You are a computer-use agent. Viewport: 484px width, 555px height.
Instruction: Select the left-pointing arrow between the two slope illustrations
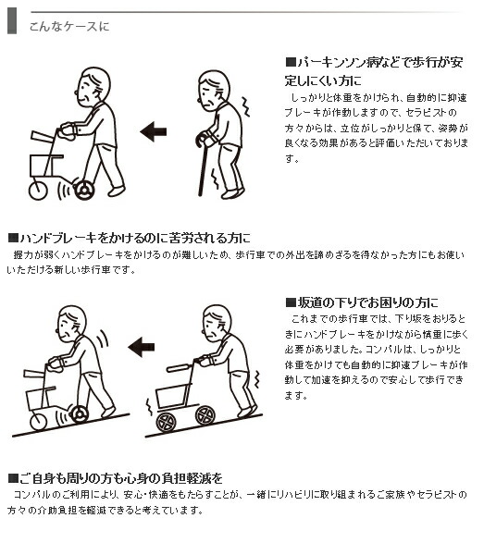pyautogui.click(x=141, y=347)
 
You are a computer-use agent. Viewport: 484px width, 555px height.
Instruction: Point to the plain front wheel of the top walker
pyautogui.click(x=36, y=191)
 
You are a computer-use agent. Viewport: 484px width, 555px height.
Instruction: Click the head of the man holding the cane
pyautogui.click(x=216, y=89)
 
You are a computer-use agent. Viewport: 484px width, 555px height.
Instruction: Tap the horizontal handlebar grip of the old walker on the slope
pyautogui.click(x=179, y=368)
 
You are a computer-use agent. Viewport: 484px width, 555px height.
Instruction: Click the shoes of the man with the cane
pyautogui.click(x=231, y=193)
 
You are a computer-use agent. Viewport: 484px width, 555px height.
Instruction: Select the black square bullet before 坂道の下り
pyautogui.click(x=291, y=302)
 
